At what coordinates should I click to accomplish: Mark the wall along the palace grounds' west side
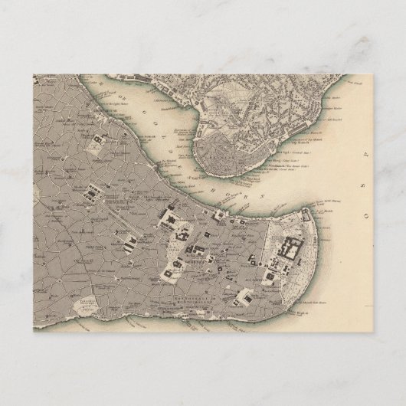tap(264, 245)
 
